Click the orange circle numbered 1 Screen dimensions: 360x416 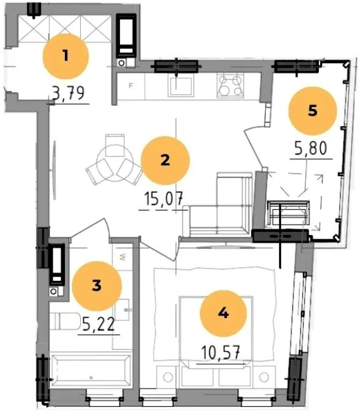66,56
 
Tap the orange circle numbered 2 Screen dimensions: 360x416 165,160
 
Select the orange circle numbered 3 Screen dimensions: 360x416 97,286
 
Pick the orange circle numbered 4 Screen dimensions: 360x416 223,313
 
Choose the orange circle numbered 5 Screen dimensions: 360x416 313,111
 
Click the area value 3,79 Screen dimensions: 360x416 68,94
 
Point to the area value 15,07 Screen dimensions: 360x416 163,199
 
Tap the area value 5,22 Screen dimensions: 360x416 99,324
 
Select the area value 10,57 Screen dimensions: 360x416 220,352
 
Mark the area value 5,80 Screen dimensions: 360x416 310,148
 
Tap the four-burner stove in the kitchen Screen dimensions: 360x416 230,85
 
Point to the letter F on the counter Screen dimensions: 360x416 130,86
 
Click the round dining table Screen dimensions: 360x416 114,162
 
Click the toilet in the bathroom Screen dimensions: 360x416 66,322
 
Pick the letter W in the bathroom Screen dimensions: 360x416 122,257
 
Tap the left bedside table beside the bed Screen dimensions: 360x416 167,377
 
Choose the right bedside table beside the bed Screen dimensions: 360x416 264,377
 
